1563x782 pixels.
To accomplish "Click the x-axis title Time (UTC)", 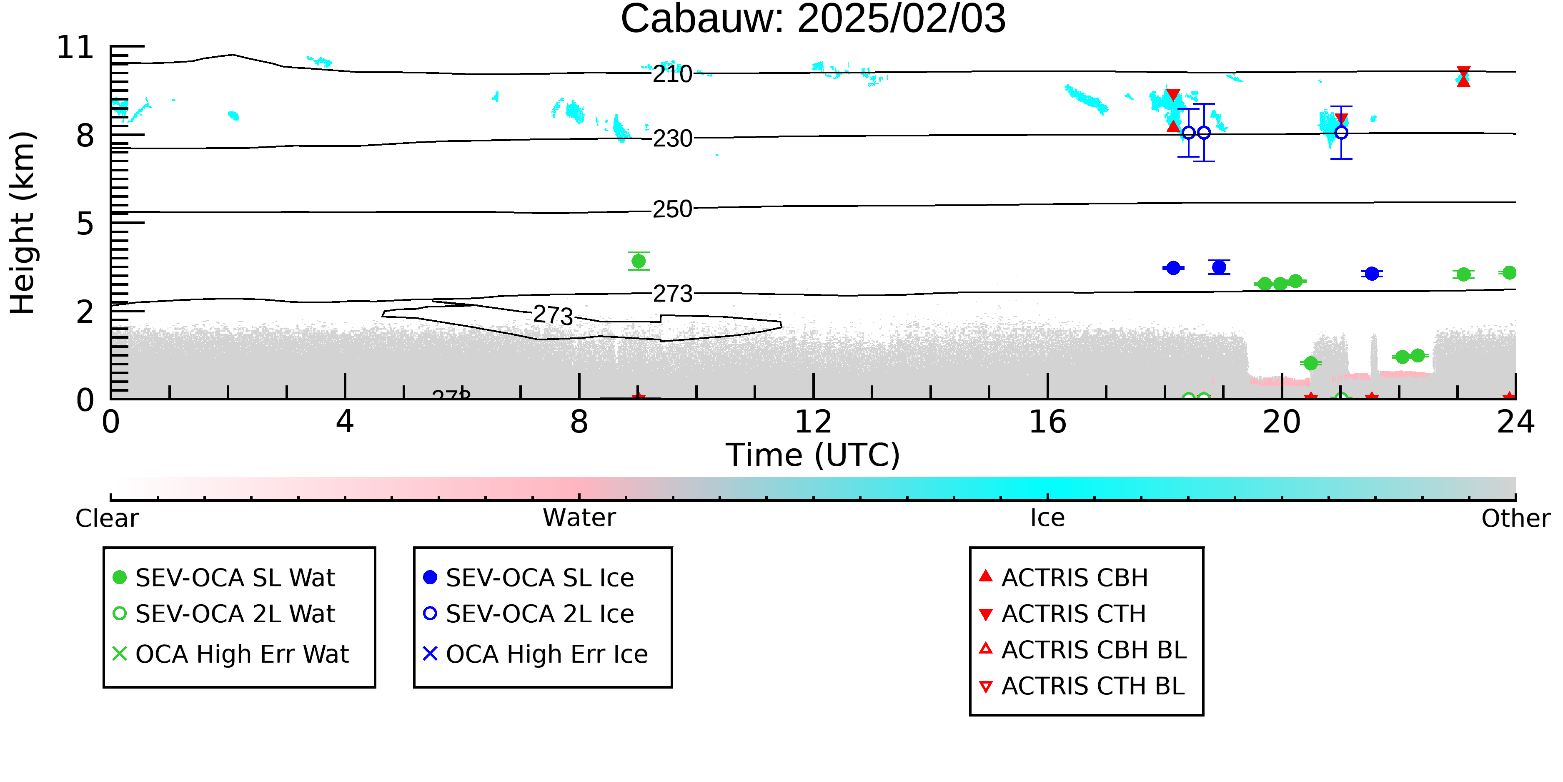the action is [x=813, y=455].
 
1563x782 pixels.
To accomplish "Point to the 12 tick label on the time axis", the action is [x=813, y=422].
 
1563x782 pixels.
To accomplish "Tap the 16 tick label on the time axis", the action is [x=1047, y=422].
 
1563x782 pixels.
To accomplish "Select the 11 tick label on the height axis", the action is [x=75, y=48].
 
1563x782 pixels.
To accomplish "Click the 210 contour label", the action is [x=672, y=75].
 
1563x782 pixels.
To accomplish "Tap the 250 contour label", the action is [x=672, y=209].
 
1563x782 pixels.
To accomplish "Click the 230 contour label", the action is [x=672, y=139].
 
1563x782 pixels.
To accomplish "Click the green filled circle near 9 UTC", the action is [x=638, y=261].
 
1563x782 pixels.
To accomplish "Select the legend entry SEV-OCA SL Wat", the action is [x=225, y=577].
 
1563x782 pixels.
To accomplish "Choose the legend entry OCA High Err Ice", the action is [x=536, y=654].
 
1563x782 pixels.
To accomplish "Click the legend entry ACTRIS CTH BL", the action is [x=1082, y=686].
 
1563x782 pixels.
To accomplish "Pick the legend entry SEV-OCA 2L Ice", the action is [x=529, y=614].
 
